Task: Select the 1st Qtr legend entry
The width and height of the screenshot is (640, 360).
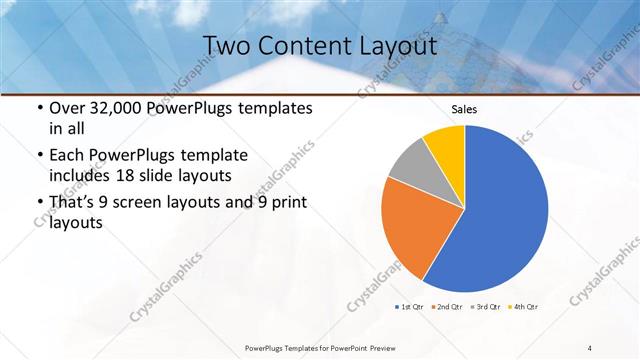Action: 411,305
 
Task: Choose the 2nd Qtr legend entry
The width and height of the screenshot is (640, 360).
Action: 447,305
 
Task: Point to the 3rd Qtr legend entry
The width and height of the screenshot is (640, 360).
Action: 485,305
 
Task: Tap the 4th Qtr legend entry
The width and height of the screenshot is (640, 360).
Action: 523,305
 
